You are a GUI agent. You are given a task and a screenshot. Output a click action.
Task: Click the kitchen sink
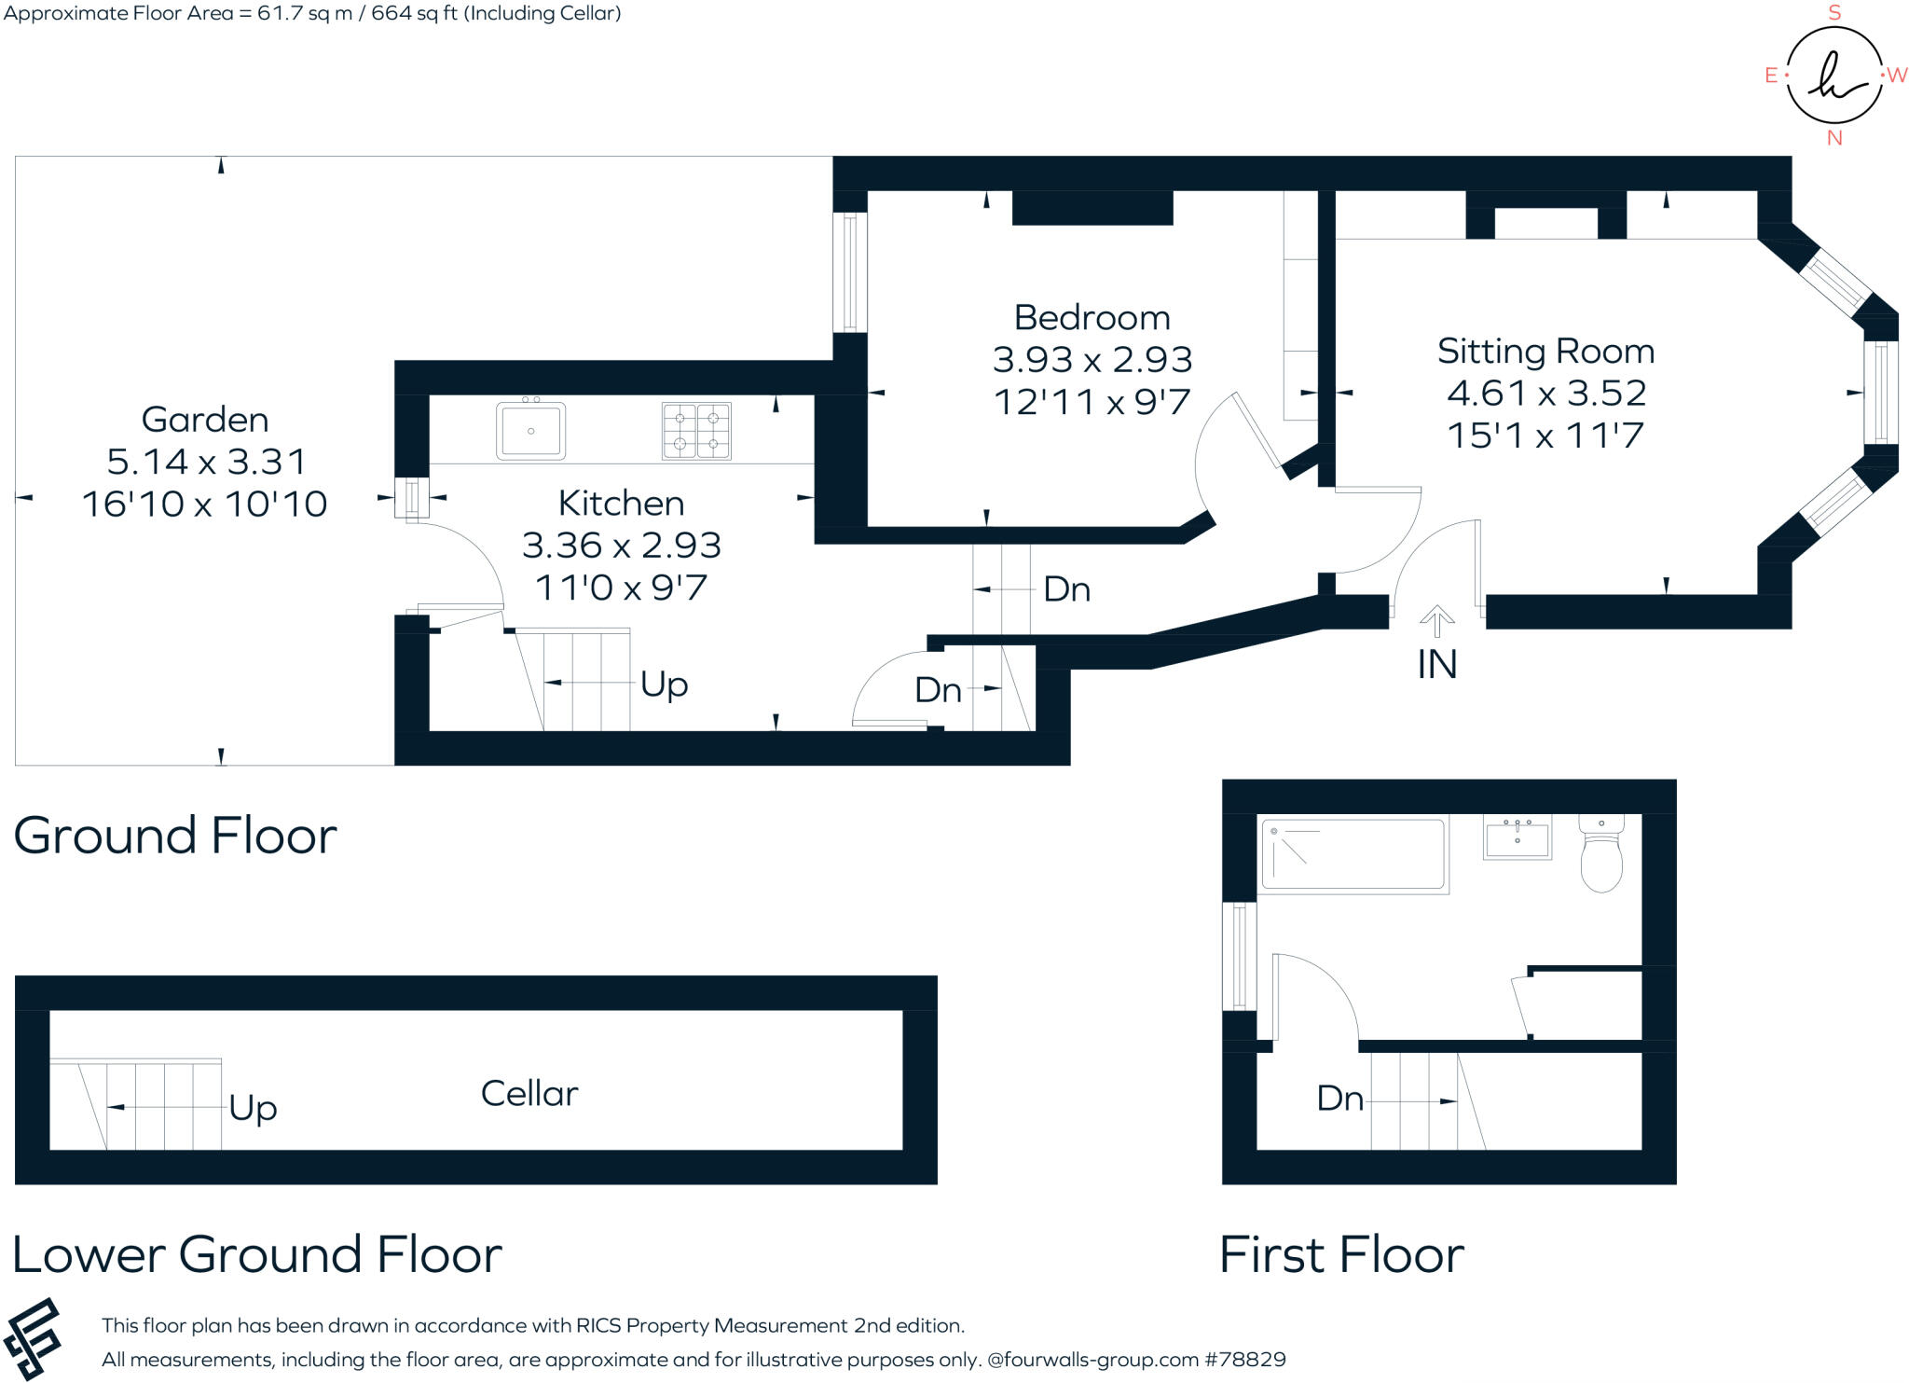(530, 431)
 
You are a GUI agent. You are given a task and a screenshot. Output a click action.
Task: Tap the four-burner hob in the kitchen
(696, 431)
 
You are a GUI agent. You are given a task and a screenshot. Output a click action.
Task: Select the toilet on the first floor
(1601, 853)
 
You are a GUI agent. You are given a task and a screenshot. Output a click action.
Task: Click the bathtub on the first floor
(1353, 854)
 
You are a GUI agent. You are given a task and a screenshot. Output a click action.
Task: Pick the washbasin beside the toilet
(1517, 837)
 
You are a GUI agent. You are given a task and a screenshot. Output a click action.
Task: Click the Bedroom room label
(1092, 318)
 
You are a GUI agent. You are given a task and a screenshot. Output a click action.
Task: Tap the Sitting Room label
(1545, 352)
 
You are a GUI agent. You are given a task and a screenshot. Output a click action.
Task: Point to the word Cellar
(529, 1094)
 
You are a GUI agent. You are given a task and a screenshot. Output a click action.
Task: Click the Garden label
(205, 420)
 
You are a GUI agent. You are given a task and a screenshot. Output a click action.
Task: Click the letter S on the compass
(1834, 13)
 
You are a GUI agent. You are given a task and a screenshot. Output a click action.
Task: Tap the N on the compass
(1834, 138)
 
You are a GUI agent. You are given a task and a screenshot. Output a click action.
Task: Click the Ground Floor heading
(175, 836)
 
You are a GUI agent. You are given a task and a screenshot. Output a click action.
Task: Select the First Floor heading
(1341, 1254)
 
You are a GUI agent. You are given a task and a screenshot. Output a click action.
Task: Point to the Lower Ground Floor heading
(257, 1254)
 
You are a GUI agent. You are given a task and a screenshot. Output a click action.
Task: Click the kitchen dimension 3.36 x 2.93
(622, 546)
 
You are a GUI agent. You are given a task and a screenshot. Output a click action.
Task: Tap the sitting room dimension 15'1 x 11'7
(1545, 436)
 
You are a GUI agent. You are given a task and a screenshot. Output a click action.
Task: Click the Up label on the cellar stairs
(253, 1108)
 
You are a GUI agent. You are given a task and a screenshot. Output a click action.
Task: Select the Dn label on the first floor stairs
(1339, 1099)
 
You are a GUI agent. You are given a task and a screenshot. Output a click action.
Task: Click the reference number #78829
(1245, 1360)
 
